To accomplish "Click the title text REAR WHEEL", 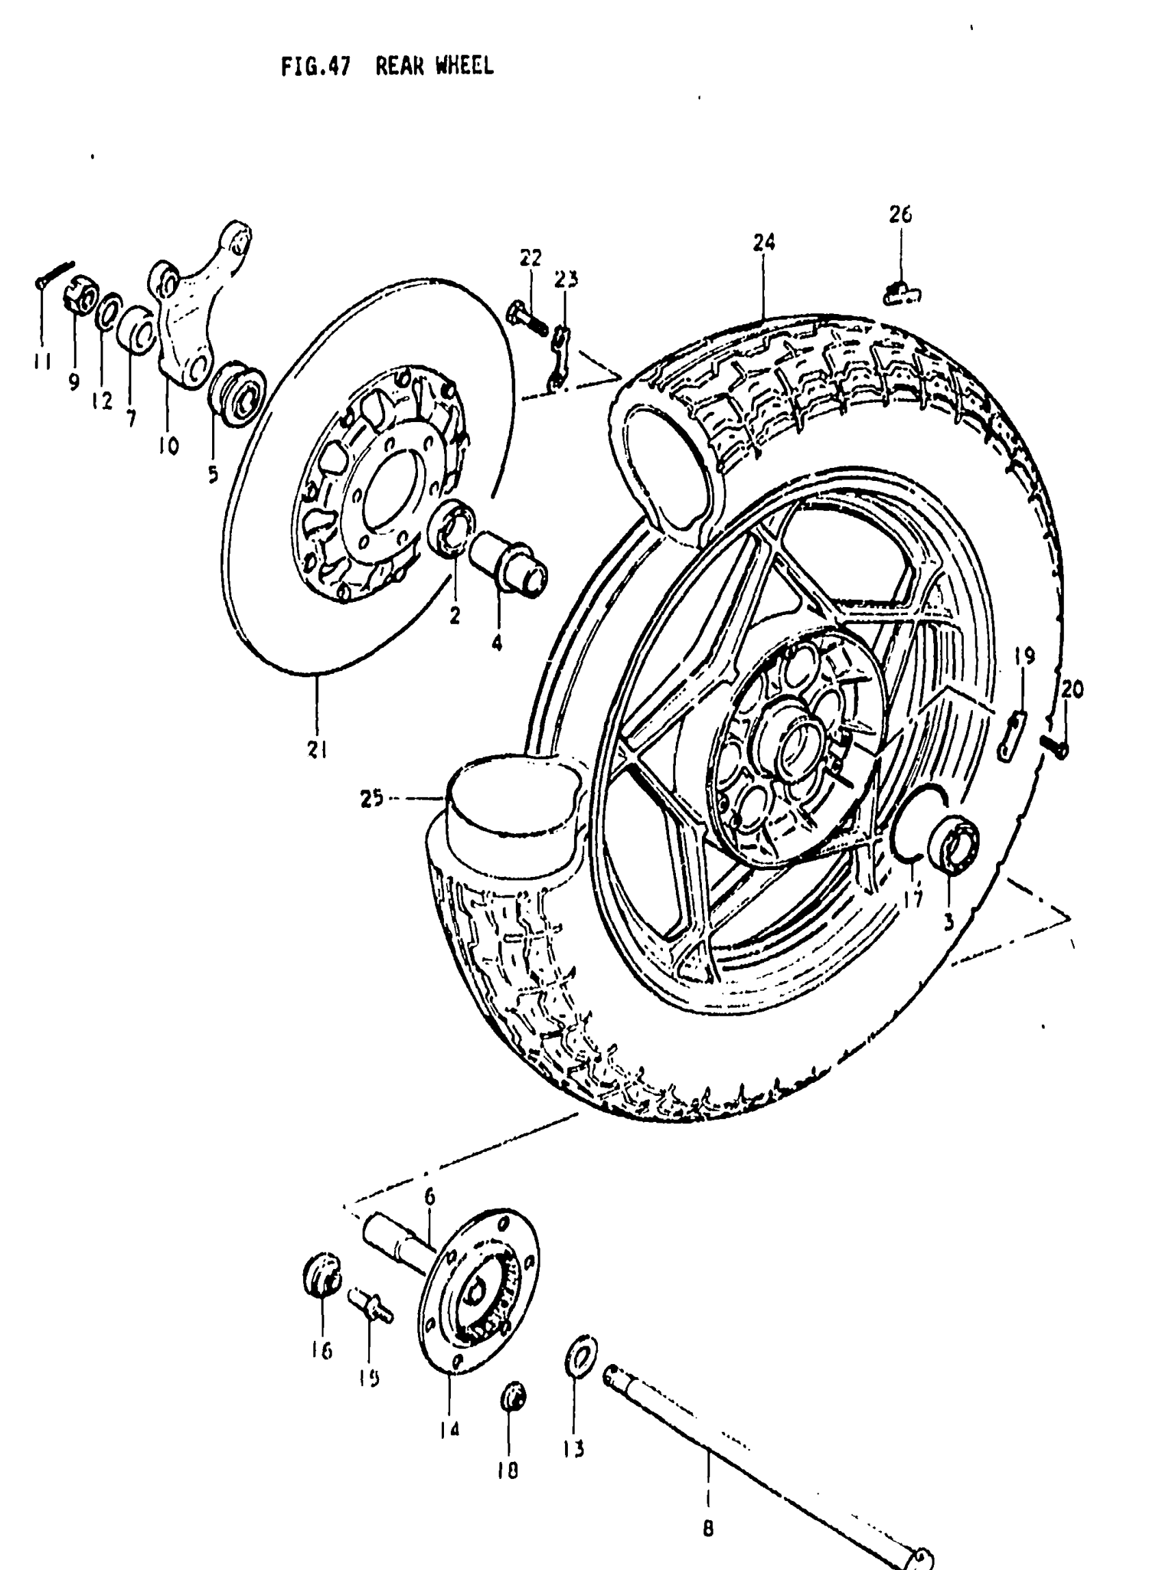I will [434, 67].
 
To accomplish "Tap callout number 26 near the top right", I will [900, 214].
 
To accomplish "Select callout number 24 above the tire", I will [764, 243].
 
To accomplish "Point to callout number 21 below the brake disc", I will [317, 751].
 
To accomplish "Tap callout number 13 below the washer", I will [574, 1450].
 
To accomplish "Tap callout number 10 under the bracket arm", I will [168, 445].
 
